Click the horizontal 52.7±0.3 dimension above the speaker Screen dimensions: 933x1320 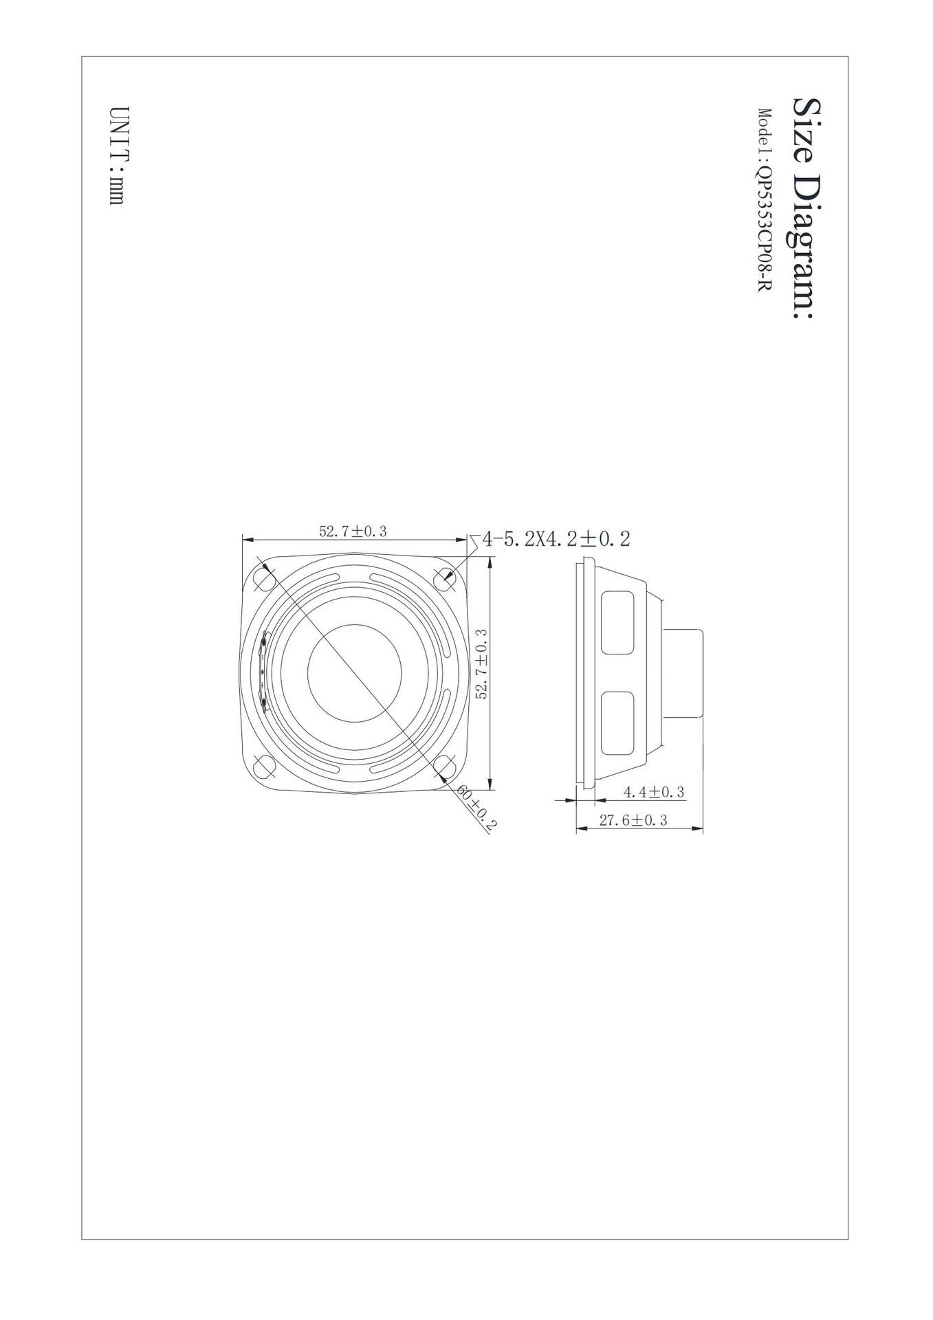353,531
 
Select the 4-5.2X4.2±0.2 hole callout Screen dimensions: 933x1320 556,538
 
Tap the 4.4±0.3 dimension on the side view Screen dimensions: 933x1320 654,792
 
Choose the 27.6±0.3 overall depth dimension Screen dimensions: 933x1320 633,820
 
